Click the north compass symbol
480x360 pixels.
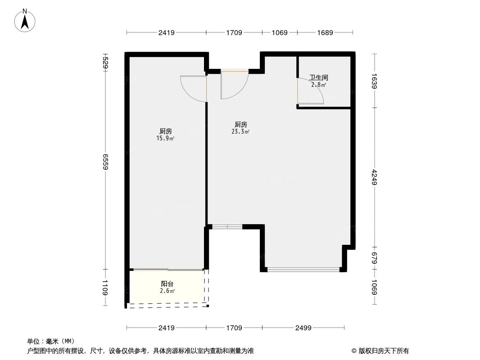[x=25, y=20]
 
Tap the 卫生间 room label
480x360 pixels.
[x=318, y=77]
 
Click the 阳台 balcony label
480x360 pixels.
[x=167, y=284]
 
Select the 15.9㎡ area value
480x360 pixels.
[x=165, y=139]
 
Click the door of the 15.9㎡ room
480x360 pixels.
[x=193, y=88]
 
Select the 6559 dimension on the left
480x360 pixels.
[x=105, y=161]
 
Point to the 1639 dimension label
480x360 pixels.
[x=375, y=81]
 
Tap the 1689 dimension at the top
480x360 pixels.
[x=325, y=32]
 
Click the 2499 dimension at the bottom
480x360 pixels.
[x=303, y=328]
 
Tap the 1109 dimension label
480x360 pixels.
[x=105, y=288]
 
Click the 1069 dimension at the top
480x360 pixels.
[x=279, y=32]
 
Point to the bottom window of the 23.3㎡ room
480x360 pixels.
[x=303, y=270]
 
